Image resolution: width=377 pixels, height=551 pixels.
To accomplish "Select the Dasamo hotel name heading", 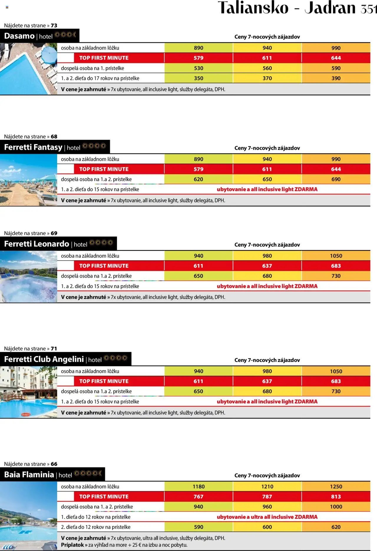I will (x=19, y=36).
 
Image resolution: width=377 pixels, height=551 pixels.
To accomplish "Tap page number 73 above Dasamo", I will (x=54, y=26).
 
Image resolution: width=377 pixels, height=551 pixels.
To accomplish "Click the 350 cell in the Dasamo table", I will (x=199, y=78).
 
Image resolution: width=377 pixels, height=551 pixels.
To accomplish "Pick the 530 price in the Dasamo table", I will (x=199, y=68).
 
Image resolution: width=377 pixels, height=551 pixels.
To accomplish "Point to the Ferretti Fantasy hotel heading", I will (x=33, y=147).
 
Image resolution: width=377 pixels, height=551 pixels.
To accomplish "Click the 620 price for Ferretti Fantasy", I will (x=199, y=179).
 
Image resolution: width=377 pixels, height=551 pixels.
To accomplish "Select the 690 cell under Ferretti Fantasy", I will (x=336, y=179).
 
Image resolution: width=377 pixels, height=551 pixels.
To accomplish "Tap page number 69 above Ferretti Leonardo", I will (x=54, y=233).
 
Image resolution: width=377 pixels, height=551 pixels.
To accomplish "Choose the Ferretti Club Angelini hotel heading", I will (x=44, y=359).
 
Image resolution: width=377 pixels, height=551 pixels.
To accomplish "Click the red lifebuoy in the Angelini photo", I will (x=26, y=415).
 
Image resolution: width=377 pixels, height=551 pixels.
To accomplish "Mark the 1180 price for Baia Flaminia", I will (x=199, y=487).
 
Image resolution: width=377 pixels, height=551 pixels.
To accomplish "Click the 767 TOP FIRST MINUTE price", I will (x=199, y=497).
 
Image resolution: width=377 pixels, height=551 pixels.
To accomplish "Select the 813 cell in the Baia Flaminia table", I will (x=336, y=497).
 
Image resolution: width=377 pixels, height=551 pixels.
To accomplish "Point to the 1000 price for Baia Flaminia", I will (x=336, y=507).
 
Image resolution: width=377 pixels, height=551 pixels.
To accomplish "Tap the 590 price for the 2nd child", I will (x=199, y=527).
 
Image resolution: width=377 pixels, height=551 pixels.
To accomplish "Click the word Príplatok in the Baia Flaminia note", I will (x=72, y=545).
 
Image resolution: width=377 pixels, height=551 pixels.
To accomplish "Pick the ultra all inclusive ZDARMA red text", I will (x=267, y=517).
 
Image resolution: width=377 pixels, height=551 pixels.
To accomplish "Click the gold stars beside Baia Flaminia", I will (x=88, y=473).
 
